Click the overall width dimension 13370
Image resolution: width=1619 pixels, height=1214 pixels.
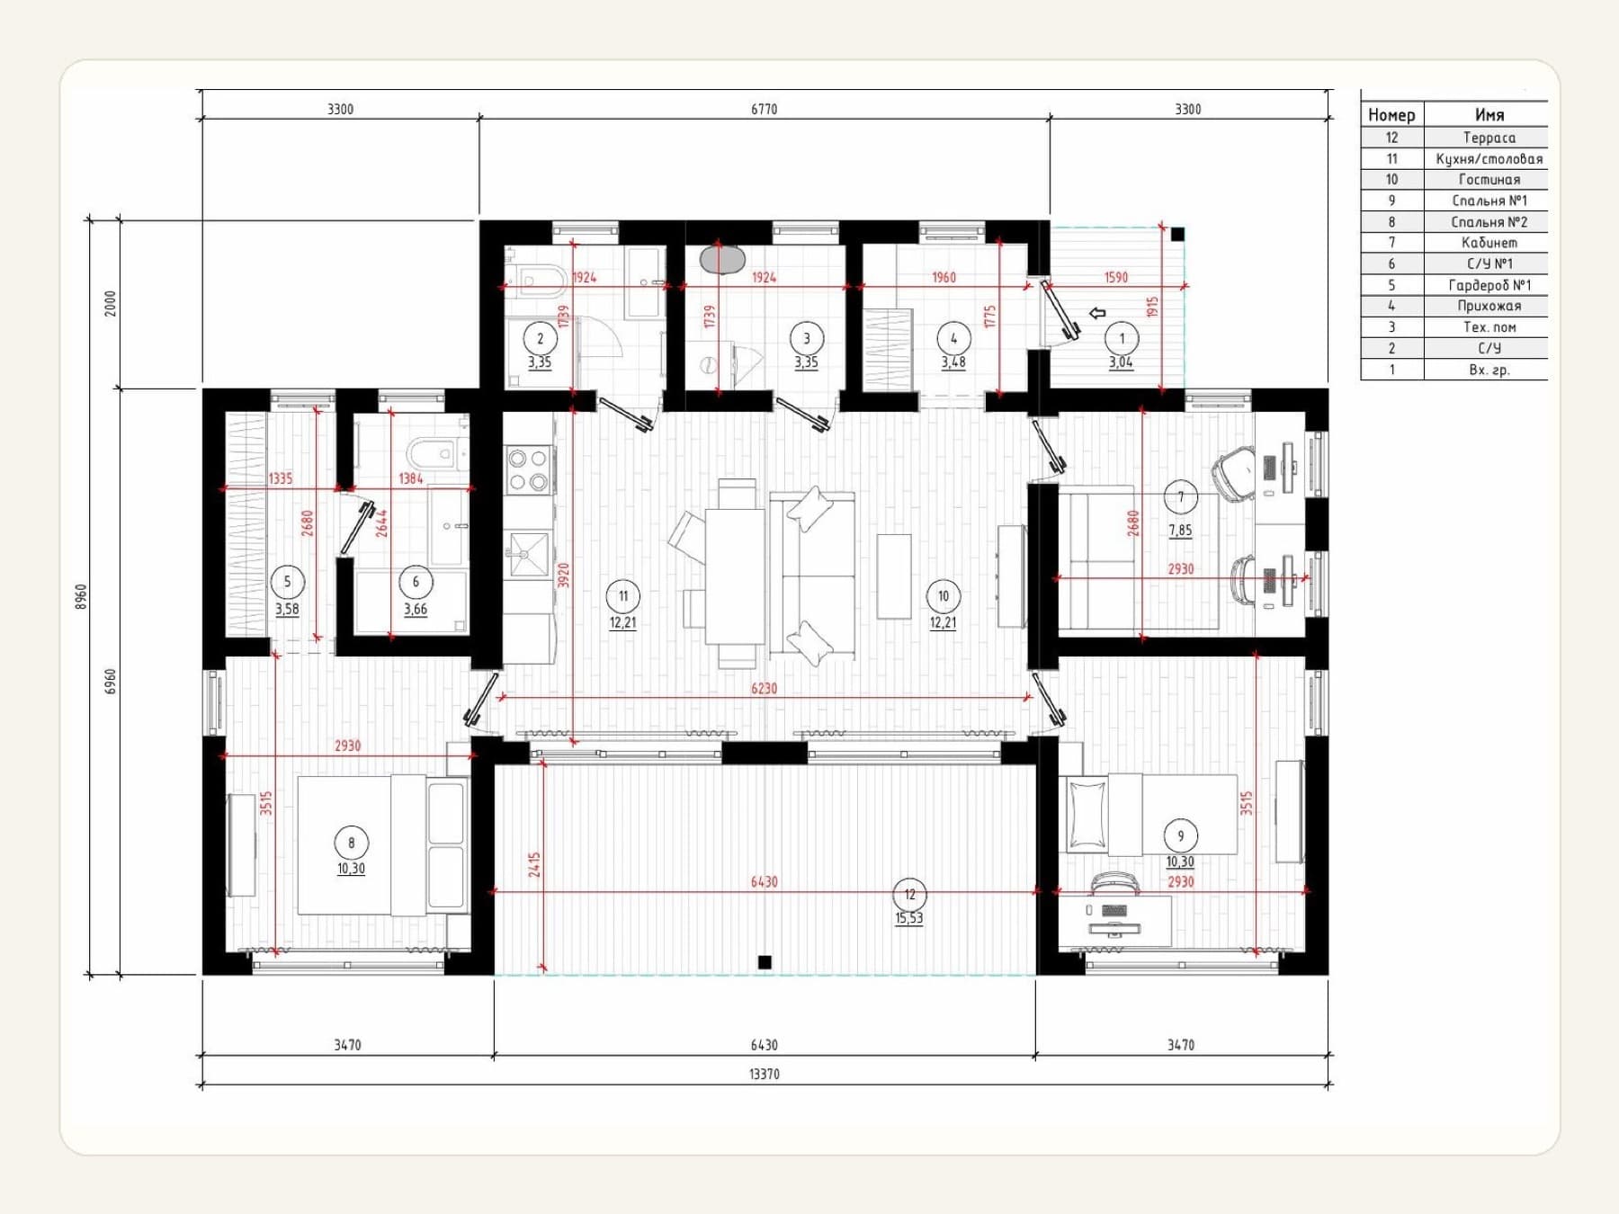point(764,1074)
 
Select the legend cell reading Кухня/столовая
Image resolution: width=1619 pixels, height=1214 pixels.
point(1489,159)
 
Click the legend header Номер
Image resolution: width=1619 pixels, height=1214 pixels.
point(1391,115)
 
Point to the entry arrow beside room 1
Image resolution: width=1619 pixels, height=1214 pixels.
point(1097,313)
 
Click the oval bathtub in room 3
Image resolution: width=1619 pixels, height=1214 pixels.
point(723,259)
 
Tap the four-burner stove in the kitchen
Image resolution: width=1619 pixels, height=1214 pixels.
point(528,470)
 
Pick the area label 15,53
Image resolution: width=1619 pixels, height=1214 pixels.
point(908,918)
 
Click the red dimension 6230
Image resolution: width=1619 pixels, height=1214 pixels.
point(764,688)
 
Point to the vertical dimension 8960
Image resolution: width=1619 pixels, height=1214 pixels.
point(81,596)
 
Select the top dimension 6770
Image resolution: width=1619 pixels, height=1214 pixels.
point(764,109)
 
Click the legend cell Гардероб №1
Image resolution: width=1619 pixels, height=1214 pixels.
point(1489,285)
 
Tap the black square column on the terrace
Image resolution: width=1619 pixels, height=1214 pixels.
point(765,962)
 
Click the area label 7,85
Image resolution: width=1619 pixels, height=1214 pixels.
point(1180,530)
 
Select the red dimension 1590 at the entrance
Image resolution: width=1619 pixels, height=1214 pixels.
point(1115,277)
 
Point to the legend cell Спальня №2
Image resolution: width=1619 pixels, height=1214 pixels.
point(1489,222)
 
